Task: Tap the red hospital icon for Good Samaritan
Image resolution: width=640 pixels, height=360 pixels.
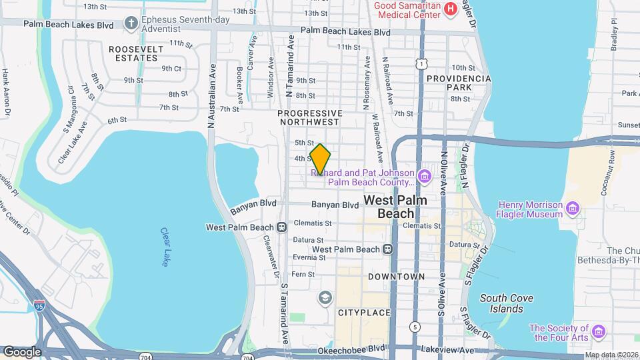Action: point(451,8)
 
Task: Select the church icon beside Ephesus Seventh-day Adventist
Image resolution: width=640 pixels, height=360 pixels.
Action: point(131,24)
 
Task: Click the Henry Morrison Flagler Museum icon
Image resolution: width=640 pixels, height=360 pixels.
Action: point(571,210)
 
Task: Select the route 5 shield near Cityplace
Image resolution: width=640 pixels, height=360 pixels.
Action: point(415,327)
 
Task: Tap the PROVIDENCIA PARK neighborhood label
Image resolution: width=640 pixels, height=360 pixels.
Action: point(459,83)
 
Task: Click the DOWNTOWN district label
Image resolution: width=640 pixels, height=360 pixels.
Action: point(396,276)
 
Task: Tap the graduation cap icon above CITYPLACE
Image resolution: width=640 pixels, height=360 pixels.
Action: point(325,297)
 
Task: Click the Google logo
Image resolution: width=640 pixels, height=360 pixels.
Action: point(21,351)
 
